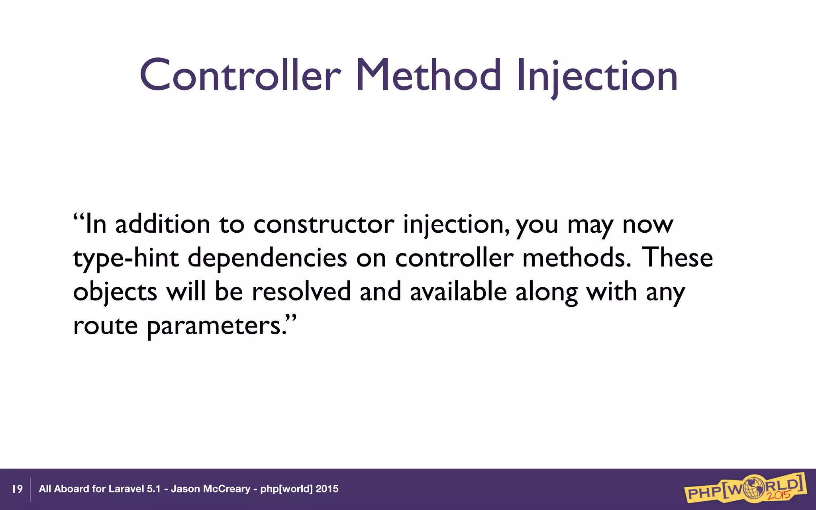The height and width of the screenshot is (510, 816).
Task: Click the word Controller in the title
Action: pos(240,76)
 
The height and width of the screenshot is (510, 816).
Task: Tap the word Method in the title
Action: pos(428,76)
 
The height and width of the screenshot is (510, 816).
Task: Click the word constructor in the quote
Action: pos(324,224)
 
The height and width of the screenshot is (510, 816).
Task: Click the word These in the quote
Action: pos(677,257)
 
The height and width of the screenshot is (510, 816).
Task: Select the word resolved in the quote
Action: pos(301,291)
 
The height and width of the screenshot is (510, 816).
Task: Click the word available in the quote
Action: pos(458,291)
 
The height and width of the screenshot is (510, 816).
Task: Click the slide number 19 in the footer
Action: pos(18,489)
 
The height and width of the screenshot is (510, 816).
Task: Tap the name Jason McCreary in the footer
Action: pos(210,489)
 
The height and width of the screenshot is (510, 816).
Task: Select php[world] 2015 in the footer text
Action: pos(299,489)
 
